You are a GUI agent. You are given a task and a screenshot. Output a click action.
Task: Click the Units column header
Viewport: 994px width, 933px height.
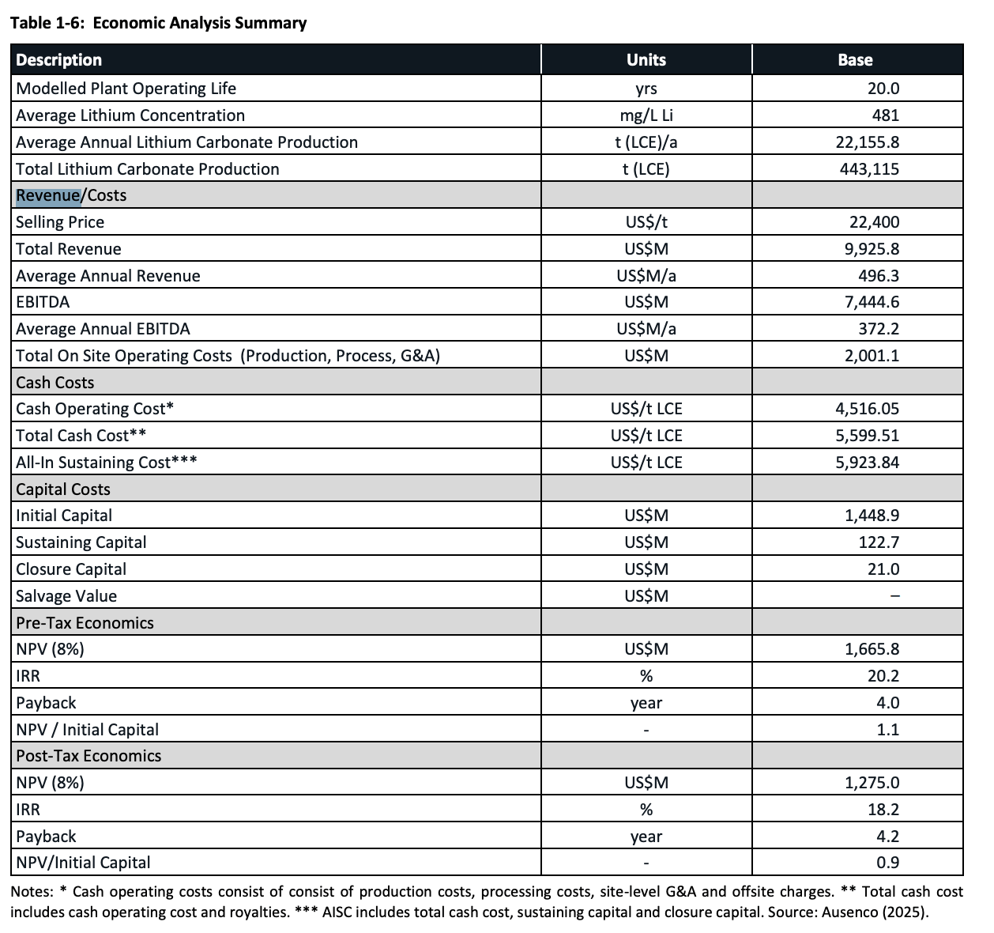(x=646, y=60)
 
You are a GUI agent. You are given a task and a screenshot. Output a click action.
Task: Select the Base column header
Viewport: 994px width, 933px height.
(x=855, y=60)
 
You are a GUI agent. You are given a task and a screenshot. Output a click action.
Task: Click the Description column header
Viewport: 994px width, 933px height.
(x=59, y=60)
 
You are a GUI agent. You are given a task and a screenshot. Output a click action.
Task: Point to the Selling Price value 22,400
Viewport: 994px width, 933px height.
(x=874, y=222)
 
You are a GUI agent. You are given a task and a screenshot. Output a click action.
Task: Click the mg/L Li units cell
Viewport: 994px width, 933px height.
(x=646, y=115)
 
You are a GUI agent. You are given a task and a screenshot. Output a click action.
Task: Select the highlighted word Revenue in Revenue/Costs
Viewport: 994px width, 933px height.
(x=48, y=195)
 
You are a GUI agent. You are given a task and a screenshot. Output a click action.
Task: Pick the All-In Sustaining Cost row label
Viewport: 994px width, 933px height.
(x=106, y=463)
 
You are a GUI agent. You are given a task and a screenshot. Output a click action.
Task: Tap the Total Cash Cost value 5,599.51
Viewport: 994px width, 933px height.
(x=867, y=436)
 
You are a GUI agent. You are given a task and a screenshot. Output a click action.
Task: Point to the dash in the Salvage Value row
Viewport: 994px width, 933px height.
(x=894, y=596)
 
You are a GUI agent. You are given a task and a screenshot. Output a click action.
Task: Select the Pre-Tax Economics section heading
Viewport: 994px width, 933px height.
(x=85, y=623)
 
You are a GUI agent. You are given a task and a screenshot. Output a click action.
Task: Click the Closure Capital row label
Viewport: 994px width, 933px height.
(x=71, y=569)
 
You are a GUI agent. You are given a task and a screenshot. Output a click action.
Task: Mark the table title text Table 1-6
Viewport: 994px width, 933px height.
(x=47, y=23)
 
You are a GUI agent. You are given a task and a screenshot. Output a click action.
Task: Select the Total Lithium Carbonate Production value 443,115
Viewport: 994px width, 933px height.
(x=869, y=169)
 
